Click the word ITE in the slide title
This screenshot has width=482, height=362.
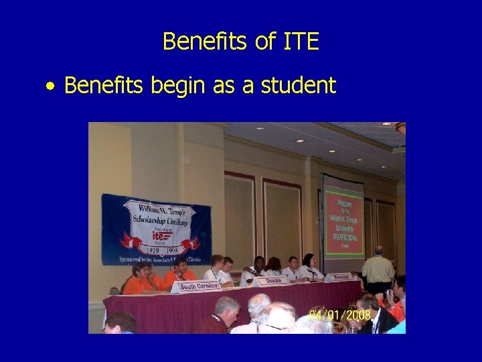coord(301,42)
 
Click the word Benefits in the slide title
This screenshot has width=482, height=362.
coord(206,42)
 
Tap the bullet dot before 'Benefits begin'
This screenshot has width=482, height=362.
coord(50,86)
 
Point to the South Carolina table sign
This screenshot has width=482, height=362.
coord(199,286)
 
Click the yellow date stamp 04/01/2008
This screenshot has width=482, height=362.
coord(340,314)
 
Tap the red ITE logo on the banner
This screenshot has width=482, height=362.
coord(159,236)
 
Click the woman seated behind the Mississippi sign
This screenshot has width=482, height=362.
coord(309,265)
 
